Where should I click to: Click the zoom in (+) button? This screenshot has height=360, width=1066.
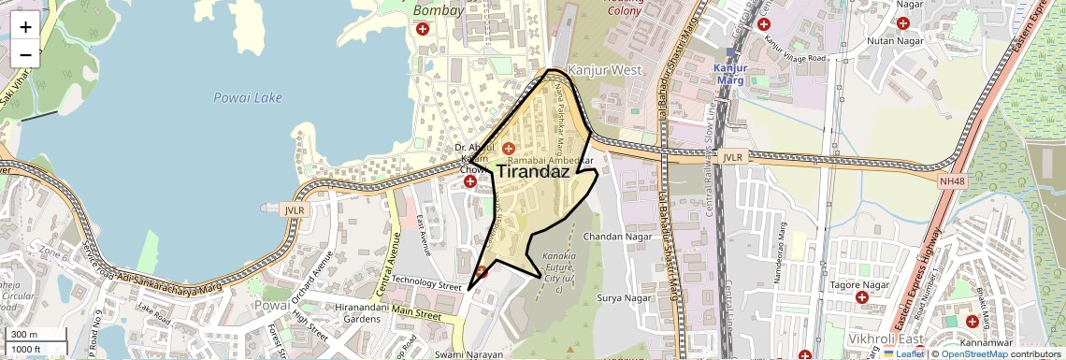tap(25, 27)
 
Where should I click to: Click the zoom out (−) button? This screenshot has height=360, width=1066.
tap(25, 54)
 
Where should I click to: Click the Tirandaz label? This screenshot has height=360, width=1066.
tap(533, 171)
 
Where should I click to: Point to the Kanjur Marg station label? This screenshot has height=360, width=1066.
tap(730, 74)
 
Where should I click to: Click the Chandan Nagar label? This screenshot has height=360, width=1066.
tap(615, 237)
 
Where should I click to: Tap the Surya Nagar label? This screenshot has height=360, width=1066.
tap(624, 298)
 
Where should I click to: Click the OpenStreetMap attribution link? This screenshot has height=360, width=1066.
tap(974, 353)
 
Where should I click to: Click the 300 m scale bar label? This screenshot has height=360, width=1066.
tap(23, 335)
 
